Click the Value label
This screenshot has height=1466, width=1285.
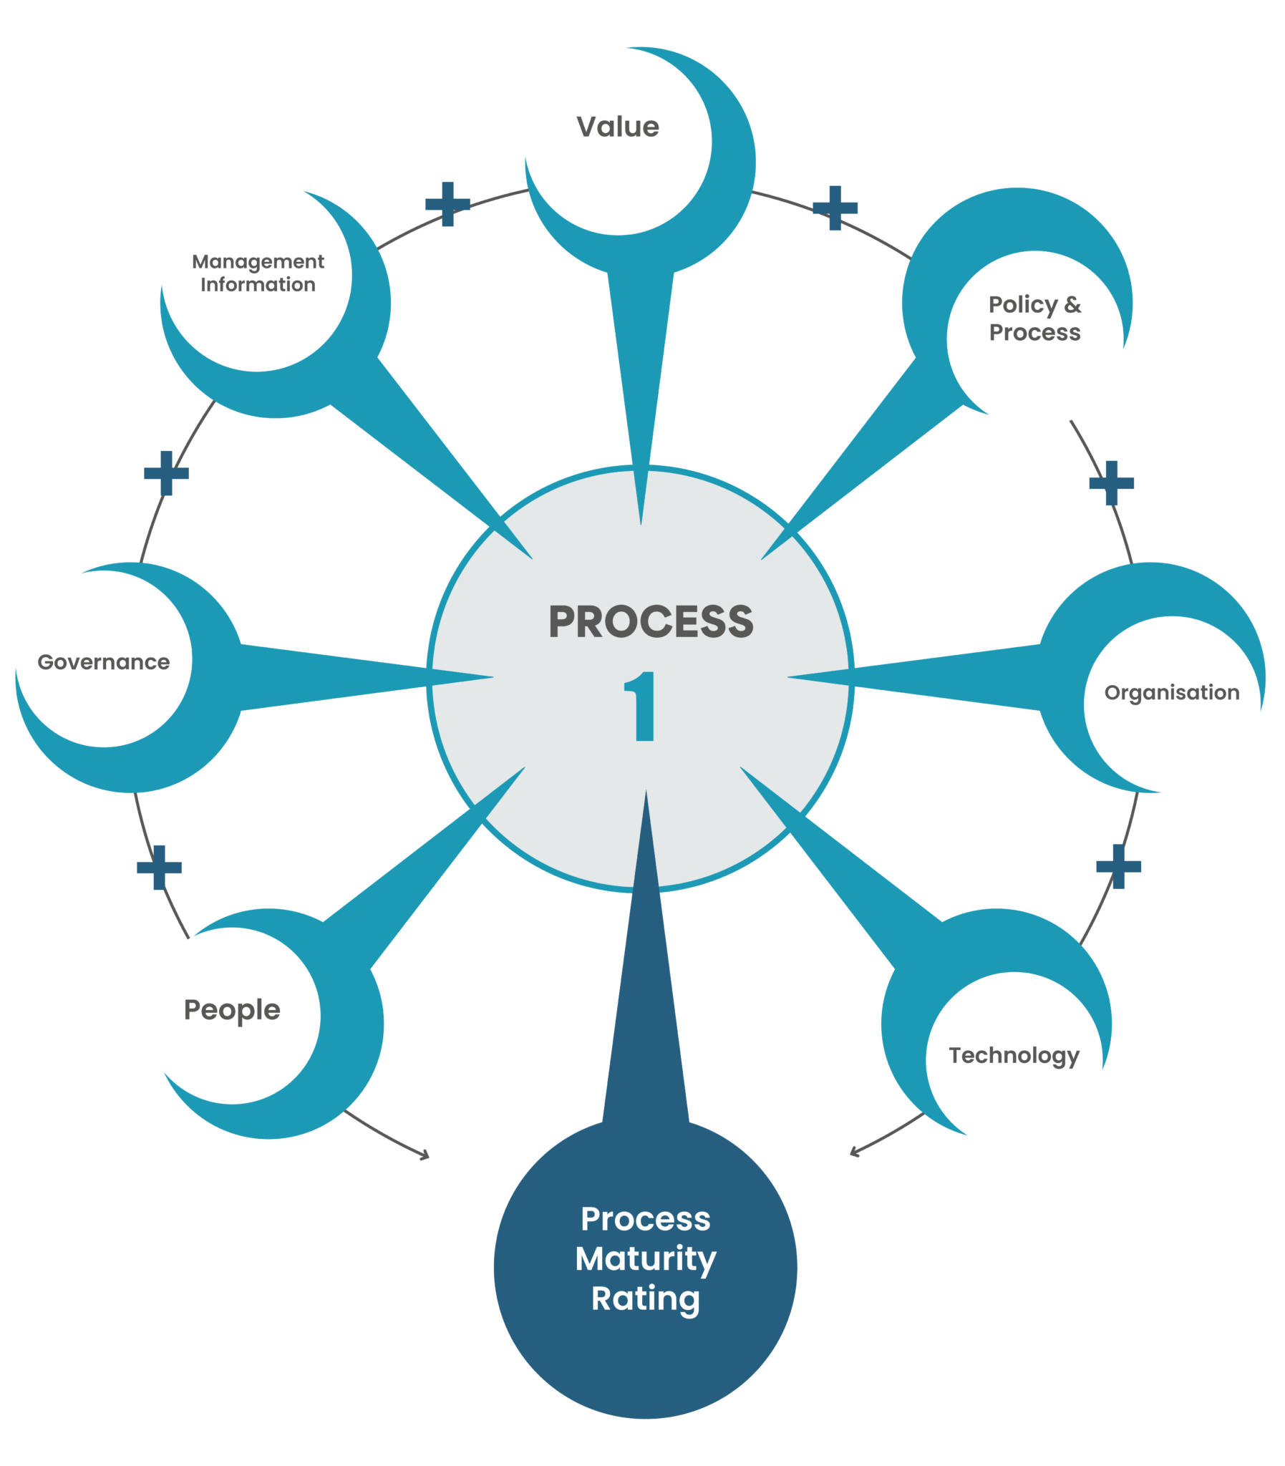point(617,127)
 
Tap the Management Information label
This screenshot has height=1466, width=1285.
point(258,273)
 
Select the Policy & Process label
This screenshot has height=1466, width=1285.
point(1034,319)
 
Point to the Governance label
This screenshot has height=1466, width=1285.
point(104,661)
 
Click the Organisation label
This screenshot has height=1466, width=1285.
point(1171,692)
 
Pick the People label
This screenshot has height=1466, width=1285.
point(232,1010)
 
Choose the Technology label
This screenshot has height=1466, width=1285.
point(1013,1056)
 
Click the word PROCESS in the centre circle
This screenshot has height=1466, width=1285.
point(651,621)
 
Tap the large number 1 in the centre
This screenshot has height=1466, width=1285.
point(641,706)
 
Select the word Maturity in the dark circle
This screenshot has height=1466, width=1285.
point(646,1259)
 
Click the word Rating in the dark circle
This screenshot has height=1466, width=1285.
point(646,1299)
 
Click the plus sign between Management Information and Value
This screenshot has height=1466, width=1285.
point(447,204)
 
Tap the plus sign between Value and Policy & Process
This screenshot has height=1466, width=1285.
point(835,208)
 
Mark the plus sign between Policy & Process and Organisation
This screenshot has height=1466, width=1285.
point(1111,483)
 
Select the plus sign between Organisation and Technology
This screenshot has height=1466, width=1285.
point(1118,867)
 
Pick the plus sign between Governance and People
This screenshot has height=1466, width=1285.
point(159,868)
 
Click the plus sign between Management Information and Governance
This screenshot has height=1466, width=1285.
point(166,473)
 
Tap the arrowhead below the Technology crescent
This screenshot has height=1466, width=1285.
point(853,1152)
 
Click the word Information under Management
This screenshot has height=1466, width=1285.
point(258,286)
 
